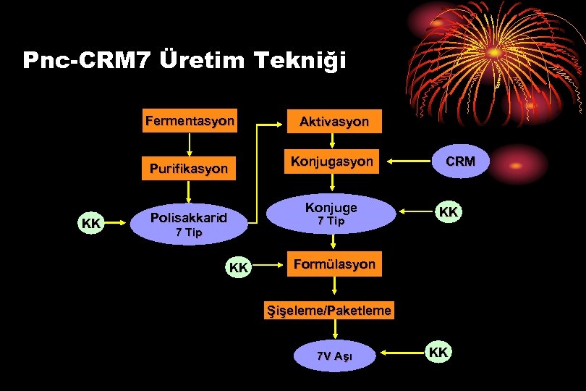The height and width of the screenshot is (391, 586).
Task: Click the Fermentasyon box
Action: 189,121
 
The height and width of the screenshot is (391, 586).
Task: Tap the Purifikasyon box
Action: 189,169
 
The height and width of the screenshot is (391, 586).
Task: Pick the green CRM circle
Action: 460,161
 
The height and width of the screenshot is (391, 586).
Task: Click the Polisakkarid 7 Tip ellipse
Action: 189,224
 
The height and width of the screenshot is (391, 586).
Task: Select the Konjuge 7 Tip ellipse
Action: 331,214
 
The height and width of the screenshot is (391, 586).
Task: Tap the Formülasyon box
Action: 334,264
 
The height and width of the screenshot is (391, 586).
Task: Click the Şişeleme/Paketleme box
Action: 329,311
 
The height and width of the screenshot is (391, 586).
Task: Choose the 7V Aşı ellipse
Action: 334,356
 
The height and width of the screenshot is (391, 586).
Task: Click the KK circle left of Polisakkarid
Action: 91,224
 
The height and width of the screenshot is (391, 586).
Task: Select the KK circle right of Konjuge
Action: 449,212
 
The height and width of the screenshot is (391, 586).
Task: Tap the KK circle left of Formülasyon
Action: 239,269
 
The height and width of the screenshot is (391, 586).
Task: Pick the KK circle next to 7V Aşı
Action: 439,353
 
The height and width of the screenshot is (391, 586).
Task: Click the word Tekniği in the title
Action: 300,60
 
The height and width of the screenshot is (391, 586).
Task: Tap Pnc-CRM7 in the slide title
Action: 86,60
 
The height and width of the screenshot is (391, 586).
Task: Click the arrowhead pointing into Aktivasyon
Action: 278,123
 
